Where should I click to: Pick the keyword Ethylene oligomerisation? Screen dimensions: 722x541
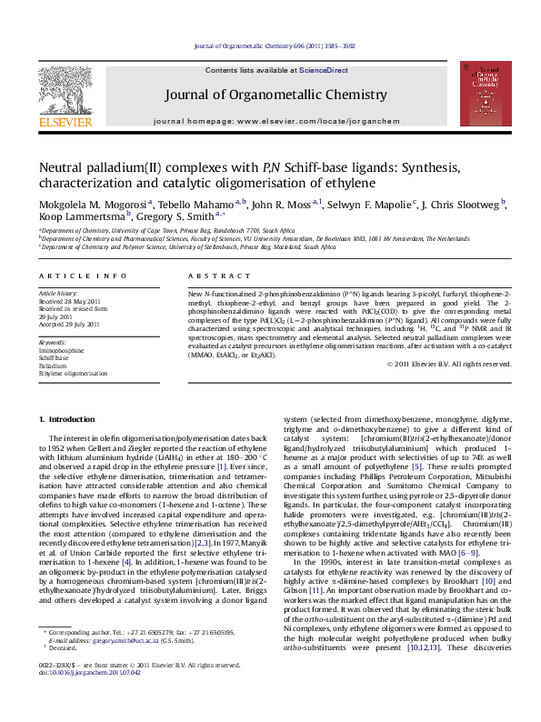click(73, 373)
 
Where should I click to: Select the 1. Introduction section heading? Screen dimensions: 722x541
click(70, 418)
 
